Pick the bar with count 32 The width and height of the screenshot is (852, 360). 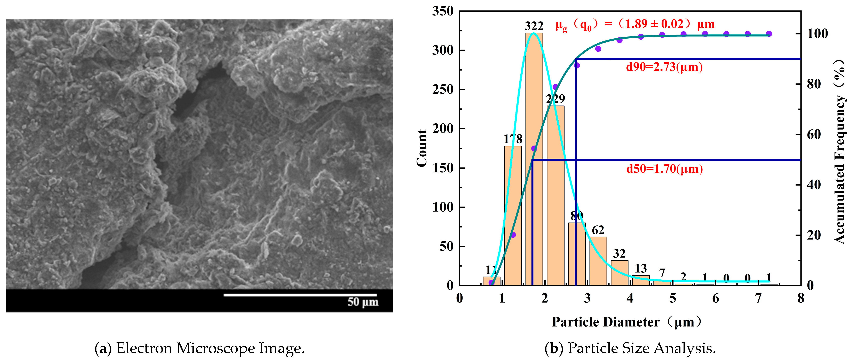(x=619, y=273)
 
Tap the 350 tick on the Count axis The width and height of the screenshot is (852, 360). (x=443, y=11)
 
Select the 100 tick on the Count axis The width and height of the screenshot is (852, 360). (x=443, y=207)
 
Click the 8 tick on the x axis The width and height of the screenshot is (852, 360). (x=800, y=298)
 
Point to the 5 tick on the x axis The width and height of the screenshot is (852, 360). (x=673, y=298)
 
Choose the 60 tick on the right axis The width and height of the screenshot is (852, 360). (x=814, y=134)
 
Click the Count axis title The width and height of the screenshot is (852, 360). (x=422, y=148)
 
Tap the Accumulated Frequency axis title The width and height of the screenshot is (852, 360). (x=839, y=152)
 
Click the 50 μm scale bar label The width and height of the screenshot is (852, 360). (x=363, y=302)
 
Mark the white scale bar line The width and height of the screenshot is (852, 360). (x=300, y=295)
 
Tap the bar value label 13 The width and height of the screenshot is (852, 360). (x=641, y=268)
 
